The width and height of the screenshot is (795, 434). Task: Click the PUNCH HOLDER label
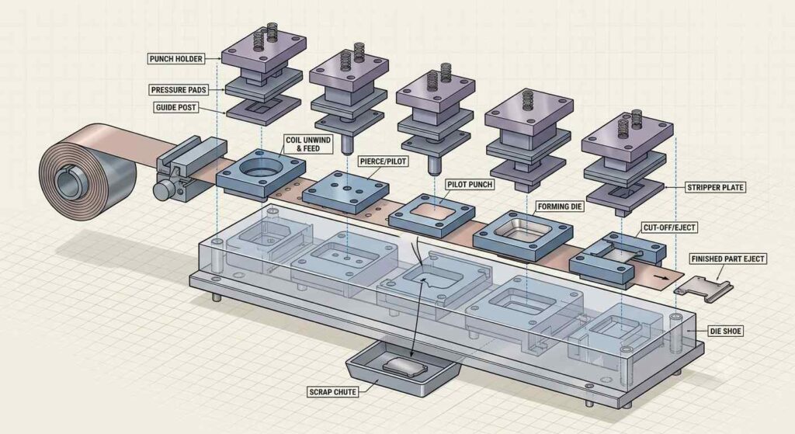176,59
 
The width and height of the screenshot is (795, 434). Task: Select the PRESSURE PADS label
179,90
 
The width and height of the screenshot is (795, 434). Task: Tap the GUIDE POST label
176,107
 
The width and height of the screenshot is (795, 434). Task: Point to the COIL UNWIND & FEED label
308,144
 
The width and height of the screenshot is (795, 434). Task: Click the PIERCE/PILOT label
384,161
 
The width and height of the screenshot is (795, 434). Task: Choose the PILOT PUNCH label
470,185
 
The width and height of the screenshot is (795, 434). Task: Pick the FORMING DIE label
561,207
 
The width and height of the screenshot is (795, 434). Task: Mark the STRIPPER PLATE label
715,187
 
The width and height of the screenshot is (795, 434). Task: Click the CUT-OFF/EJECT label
669,227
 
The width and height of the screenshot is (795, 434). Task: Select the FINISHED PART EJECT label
727,259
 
